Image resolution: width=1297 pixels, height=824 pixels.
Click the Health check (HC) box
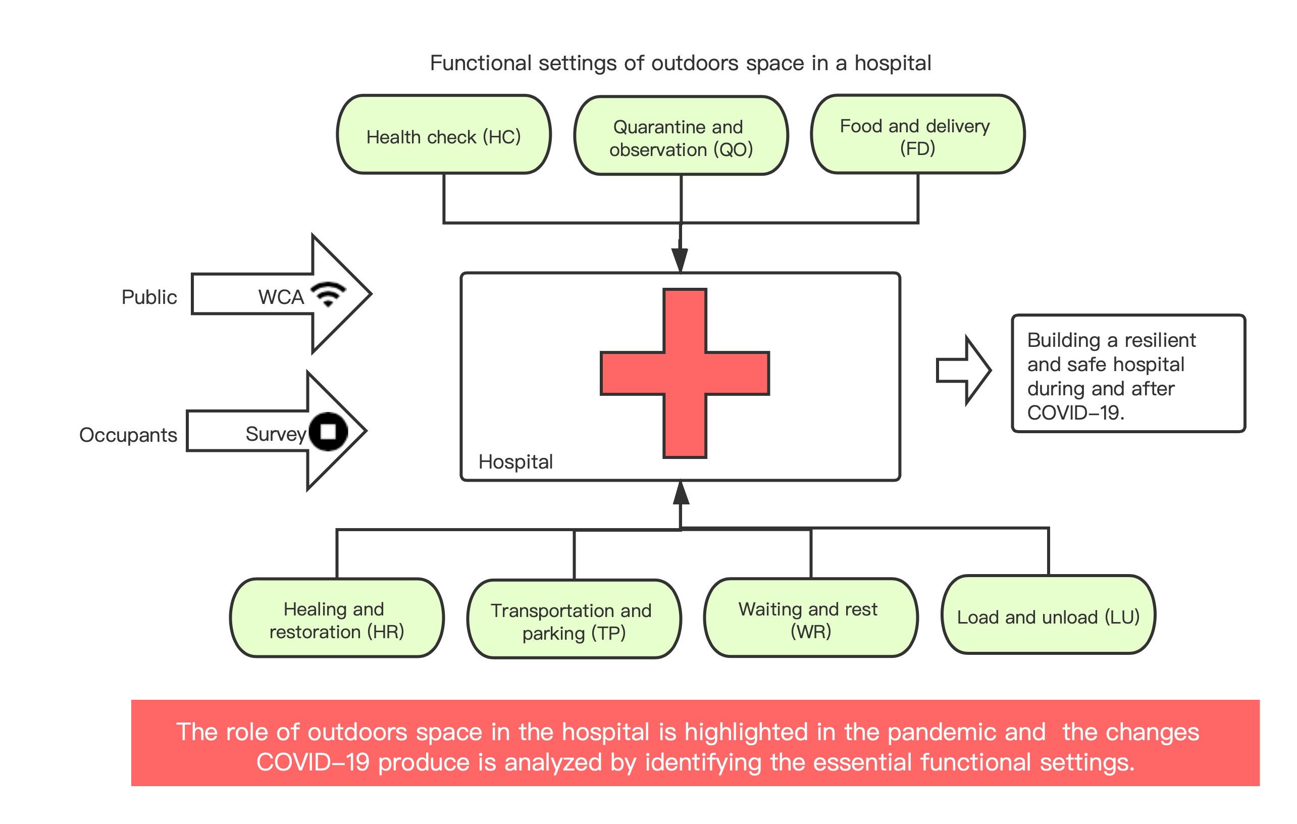point(443,135)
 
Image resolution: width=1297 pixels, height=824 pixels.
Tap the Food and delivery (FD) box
point(917,135)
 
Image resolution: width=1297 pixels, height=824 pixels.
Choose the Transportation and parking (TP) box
point(574,619)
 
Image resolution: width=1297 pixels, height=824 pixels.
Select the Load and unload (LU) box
point(1048,614)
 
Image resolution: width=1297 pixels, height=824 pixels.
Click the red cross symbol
point(684,373)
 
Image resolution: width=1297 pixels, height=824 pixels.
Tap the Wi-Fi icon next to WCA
point(329,294)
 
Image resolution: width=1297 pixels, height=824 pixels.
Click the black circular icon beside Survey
point(328,431)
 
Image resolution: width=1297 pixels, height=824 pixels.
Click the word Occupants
point(128,435)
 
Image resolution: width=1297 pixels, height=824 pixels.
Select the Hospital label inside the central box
point(515,461)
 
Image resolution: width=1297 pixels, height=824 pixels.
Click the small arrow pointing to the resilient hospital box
point(963,370)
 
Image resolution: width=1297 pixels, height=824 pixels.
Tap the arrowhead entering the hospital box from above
point(680,260)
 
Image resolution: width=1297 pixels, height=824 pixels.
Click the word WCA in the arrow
point(281,297)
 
